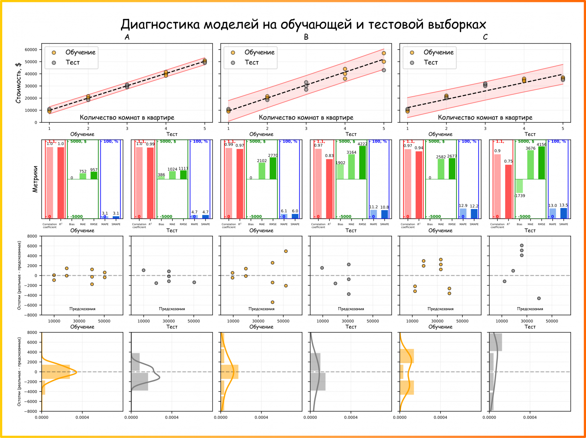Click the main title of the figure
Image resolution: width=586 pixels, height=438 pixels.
pyautogui.click(x=303, y=24)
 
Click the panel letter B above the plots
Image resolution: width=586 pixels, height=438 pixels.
pyautogui.click(x=306, y=37)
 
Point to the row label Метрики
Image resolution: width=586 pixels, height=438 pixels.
pyautogui.click(x=35, y=179)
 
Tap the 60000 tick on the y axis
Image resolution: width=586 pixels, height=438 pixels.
pyautogui.click(x=31, y=50)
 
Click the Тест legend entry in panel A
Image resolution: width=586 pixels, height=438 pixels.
pyautogui.click(x=72, y=62)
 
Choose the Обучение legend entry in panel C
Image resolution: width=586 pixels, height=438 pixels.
pyautogui.click(x=438, y=52)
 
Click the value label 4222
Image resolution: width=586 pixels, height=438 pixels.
pyautogui.click(x=362, y=144)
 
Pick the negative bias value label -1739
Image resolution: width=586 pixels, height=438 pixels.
pyautogui.click(x=520, y=196)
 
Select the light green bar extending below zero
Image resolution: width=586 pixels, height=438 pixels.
pyautogui.click(x=520, y=186)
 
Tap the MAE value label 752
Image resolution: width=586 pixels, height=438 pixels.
pyautogui.click(x=83, y=171)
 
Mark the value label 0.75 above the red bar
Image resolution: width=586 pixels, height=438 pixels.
pyautogui.click(x=508, y=161)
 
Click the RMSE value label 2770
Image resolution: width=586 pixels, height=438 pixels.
pyautogui.click(x=273, y=155)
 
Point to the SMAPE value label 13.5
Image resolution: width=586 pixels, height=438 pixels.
pyautogui.click(x=563, y=205)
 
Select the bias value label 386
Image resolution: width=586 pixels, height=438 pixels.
pyautogui.click(x=161, y=175)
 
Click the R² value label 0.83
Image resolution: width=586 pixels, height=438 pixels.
pyautogui.click(x=329, y=156)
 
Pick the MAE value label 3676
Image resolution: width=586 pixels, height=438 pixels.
pyautogui.click(x=530, y=149)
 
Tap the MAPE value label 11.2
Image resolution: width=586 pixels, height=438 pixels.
pyautogui.click(x=373, y=207)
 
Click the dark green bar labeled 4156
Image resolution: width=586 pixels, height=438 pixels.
pyautogui.click(x=541, y=163)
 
